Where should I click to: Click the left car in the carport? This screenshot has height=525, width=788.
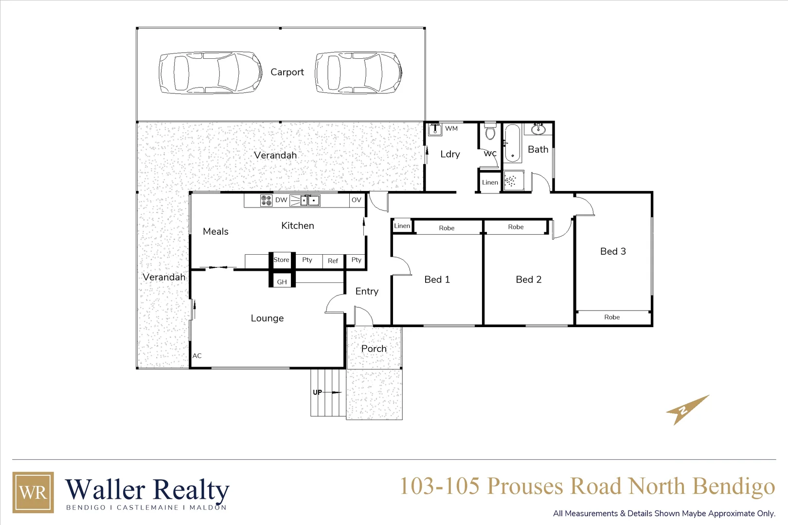[210, 73]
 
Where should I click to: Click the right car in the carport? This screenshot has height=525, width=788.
[358, 73]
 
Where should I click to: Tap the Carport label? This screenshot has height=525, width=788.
[287, 72]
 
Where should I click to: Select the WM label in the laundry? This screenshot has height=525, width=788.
[451, 128]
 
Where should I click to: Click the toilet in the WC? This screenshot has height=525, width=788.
[490, 132]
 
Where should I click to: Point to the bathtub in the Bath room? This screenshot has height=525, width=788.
[512, 143]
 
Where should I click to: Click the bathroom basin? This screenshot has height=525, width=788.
[538, 130]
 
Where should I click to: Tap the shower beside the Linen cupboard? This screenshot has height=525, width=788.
[513, 181]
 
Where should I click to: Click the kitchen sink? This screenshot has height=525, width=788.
[310, 200]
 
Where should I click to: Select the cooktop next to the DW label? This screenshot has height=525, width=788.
[266, 200]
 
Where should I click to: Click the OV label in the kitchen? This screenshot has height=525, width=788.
[357, 200]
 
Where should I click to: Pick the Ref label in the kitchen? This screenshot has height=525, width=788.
[333, 261]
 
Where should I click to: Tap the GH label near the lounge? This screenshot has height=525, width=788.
[282, 282]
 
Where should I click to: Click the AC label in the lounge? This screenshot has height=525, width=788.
[197, 356]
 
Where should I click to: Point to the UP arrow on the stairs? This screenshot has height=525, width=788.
[326, 392]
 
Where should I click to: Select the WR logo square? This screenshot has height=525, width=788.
[33, 492]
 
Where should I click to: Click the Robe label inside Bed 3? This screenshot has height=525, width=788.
[612, 317]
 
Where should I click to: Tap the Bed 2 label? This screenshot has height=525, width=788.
[528, 280]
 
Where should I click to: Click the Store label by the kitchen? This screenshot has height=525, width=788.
[281, 260]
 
